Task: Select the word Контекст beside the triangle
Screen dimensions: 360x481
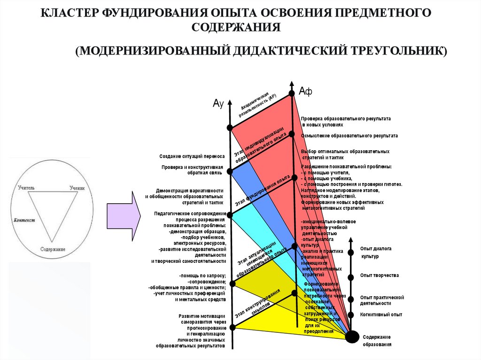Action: [x=24, y=220]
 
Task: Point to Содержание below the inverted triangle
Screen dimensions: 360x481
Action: [x=53, y=249]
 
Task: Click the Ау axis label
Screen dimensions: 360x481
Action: [x=217, y=104]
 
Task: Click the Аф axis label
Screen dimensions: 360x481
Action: [x=305, y=92]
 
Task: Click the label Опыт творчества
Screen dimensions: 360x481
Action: [x=379, y=275]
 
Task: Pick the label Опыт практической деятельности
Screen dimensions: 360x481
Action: [x=382, y=300]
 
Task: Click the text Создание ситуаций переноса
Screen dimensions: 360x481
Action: [x=192, y=156]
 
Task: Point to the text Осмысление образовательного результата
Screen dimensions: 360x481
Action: [x=349, y=135]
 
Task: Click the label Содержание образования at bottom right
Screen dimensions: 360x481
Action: [x=376, y=341]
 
